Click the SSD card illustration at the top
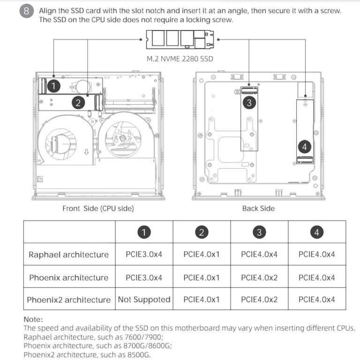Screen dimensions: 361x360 click(180, 40)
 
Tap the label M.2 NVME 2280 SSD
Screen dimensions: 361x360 click(180, 59)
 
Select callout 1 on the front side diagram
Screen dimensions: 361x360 click(55, 86)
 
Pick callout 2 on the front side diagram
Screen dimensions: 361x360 click(78, 102)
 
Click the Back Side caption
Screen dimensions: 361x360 click(258, 208)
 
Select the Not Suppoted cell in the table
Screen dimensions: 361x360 click(144, 300)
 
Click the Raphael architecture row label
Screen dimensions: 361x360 click(68, 255)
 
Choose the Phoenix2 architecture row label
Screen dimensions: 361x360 click(68, 300)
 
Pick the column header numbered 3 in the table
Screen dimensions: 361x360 click(259, 232)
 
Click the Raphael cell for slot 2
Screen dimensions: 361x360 click(202, 255)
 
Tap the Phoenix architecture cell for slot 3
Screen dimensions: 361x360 click(259, 278)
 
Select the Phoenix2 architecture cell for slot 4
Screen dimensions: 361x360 click(317, 300)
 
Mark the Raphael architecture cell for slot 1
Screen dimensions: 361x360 click(144, 255)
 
